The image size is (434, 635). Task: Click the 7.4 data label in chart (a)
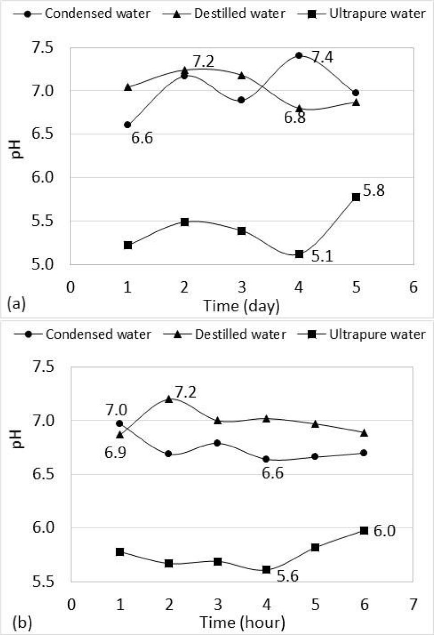click(322, 58)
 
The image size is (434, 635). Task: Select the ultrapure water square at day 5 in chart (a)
click(356, 197)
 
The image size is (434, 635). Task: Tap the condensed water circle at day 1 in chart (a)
click(128, 125)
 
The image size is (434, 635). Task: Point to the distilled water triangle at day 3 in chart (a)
click(242, 76)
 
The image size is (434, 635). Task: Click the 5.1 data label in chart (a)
click(322, 257)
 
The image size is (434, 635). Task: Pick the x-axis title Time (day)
click(242, 306)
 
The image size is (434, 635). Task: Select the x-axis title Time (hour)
click(242, 622)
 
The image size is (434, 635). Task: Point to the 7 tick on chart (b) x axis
click(413, 604)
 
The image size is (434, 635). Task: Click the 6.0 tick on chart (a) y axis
click(43, 177)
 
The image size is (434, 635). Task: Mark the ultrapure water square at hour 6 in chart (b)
click(364, 531)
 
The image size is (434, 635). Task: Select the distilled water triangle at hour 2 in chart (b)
click(169, 399)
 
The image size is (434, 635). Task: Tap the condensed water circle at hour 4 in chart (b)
click(266, 459)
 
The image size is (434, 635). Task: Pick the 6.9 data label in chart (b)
click(116, 452)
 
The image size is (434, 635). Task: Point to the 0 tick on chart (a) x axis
click(71, 287)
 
